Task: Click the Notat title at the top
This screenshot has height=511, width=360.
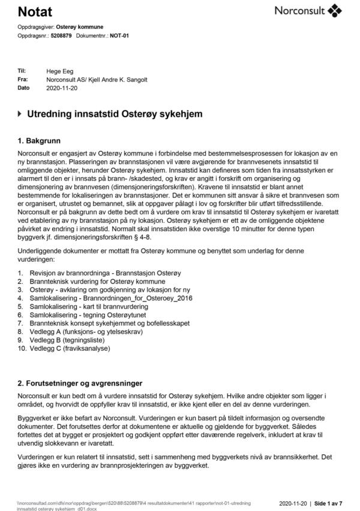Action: (35, 12)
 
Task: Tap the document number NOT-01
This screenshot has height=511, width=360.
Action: (118, 35)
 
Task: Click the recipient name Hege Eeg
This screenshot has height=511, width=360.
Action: (59, 71)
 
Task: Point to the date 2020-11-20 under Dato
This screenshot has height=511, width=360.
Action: (61, 88)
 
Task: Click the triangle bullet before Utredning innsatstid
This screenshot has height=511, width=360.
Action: (20, 113)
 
